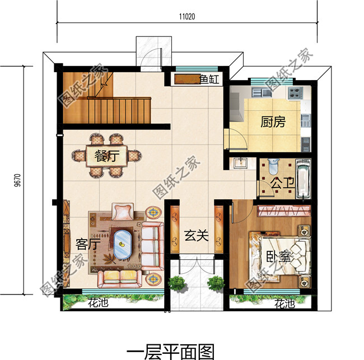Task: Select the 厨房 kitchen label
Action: pyautogui.click(x=273, y=122)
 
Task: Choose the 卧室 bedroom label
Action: pyautogui.click(x=278, y=258)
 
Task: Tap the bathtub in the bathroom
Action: pyautogui.click(x=303, y=180)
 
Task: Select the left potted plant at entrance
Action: pyautogui.click(x=177, y=283)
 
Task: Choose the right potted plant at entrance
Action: pyautogui.click(x=215, y=283)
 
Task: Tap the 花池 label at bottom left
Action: pyautogui.click(x=99, y=304)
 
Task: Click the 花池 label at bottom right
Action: pyautogui.click(x=284, y=304)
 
